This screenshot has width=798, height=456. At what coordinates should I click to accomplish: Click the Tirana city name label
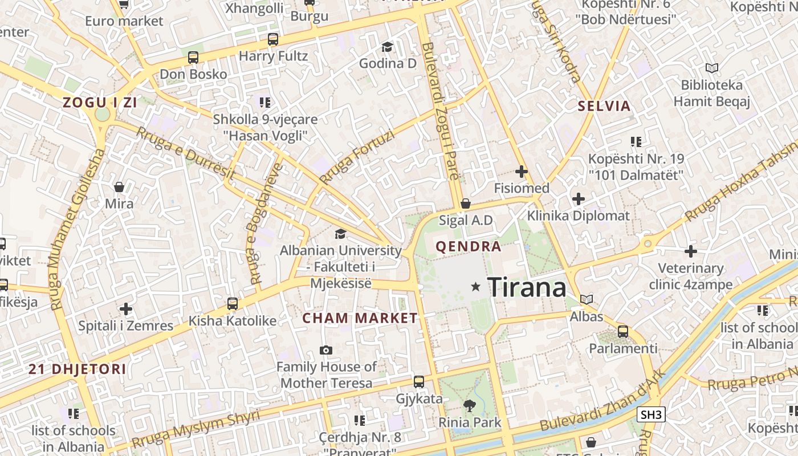[527, 287]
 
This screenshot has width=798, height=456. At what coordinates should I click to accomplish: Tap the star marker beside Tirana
[475, 287]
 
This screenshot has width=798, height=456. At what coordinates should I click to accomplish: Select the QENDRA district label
[469, 247]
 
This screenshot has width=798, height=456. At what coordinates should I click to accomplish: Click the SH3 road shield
[651, 414]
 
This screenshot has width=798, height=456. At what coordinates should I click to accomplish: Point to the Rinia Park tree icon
[469, 406]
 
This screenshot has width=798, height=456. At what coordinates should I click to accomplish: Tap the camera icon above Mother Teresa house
[326, 350]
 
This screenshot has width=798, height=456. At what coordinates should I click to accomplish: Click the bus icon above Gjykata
[419, 382]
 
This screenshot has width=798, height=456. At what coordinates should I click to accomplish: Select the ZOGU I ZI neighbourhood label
[100, 103]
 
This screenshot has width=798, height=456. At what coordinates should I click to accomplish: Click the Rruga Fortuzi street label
[357, 157]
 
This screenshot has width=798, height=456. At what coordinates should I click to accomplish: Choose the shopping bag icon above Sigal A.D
[466, 203]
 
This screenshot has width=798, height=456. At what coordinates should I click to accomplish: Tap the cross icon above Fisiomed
[522, 171]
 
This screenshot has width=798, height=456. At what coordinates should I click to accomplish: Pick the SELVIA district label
[604, 106]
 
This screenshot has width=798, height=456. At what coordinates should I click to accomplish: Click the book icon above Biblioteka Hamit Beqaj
[711, 68]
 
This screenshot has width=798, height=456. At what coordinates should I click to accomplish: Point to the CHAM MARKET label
[360, 318]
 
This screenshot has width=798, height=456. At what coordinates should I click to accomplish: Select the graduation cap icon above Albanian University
[340, 234]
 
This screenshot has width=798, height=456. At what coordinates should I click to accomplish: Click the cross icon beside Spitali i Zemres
[126, 309]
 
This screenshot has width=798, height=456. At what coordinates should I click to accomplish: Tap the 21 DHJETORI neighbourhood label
[78, 369]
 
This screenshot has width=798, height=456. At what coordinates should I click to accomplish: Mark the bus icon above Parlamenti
[623, 331]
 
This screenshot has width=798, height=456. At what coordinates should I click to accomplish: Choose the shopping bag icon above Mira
[119, 187]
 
